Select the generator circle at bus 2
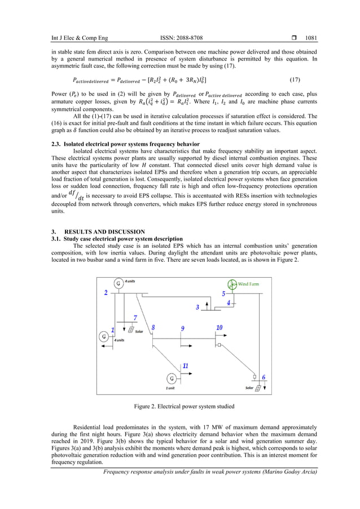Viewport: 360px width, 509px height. [x=118, y=283]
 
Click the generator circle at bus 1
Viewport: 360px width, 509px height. [x=104, y=336]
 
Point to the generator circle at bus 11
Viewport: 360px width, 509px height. [x=171, y=378]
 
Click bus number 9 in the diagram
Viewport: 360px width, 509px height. [x=182, y=328]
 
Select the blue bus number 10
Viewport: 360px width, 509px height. [x=219, y=327]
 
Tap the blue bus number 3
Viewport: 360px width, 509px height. [x=197, y=308]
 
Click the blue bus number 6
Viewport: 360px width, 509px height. [x=264, y=378]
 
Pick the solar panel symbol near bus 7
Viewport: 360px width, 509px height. [x=131, y=330]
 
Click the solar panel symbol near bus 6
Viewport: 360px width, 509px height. [x=257, y=388]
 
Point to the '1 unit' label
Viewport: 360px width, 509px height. [x=170, y=388]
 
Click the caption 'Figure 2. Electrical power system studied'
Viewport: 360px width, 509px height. [x=180, y=406]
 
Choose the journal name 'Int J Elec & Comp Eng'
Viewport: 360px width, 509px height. [x=76, y=38]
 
